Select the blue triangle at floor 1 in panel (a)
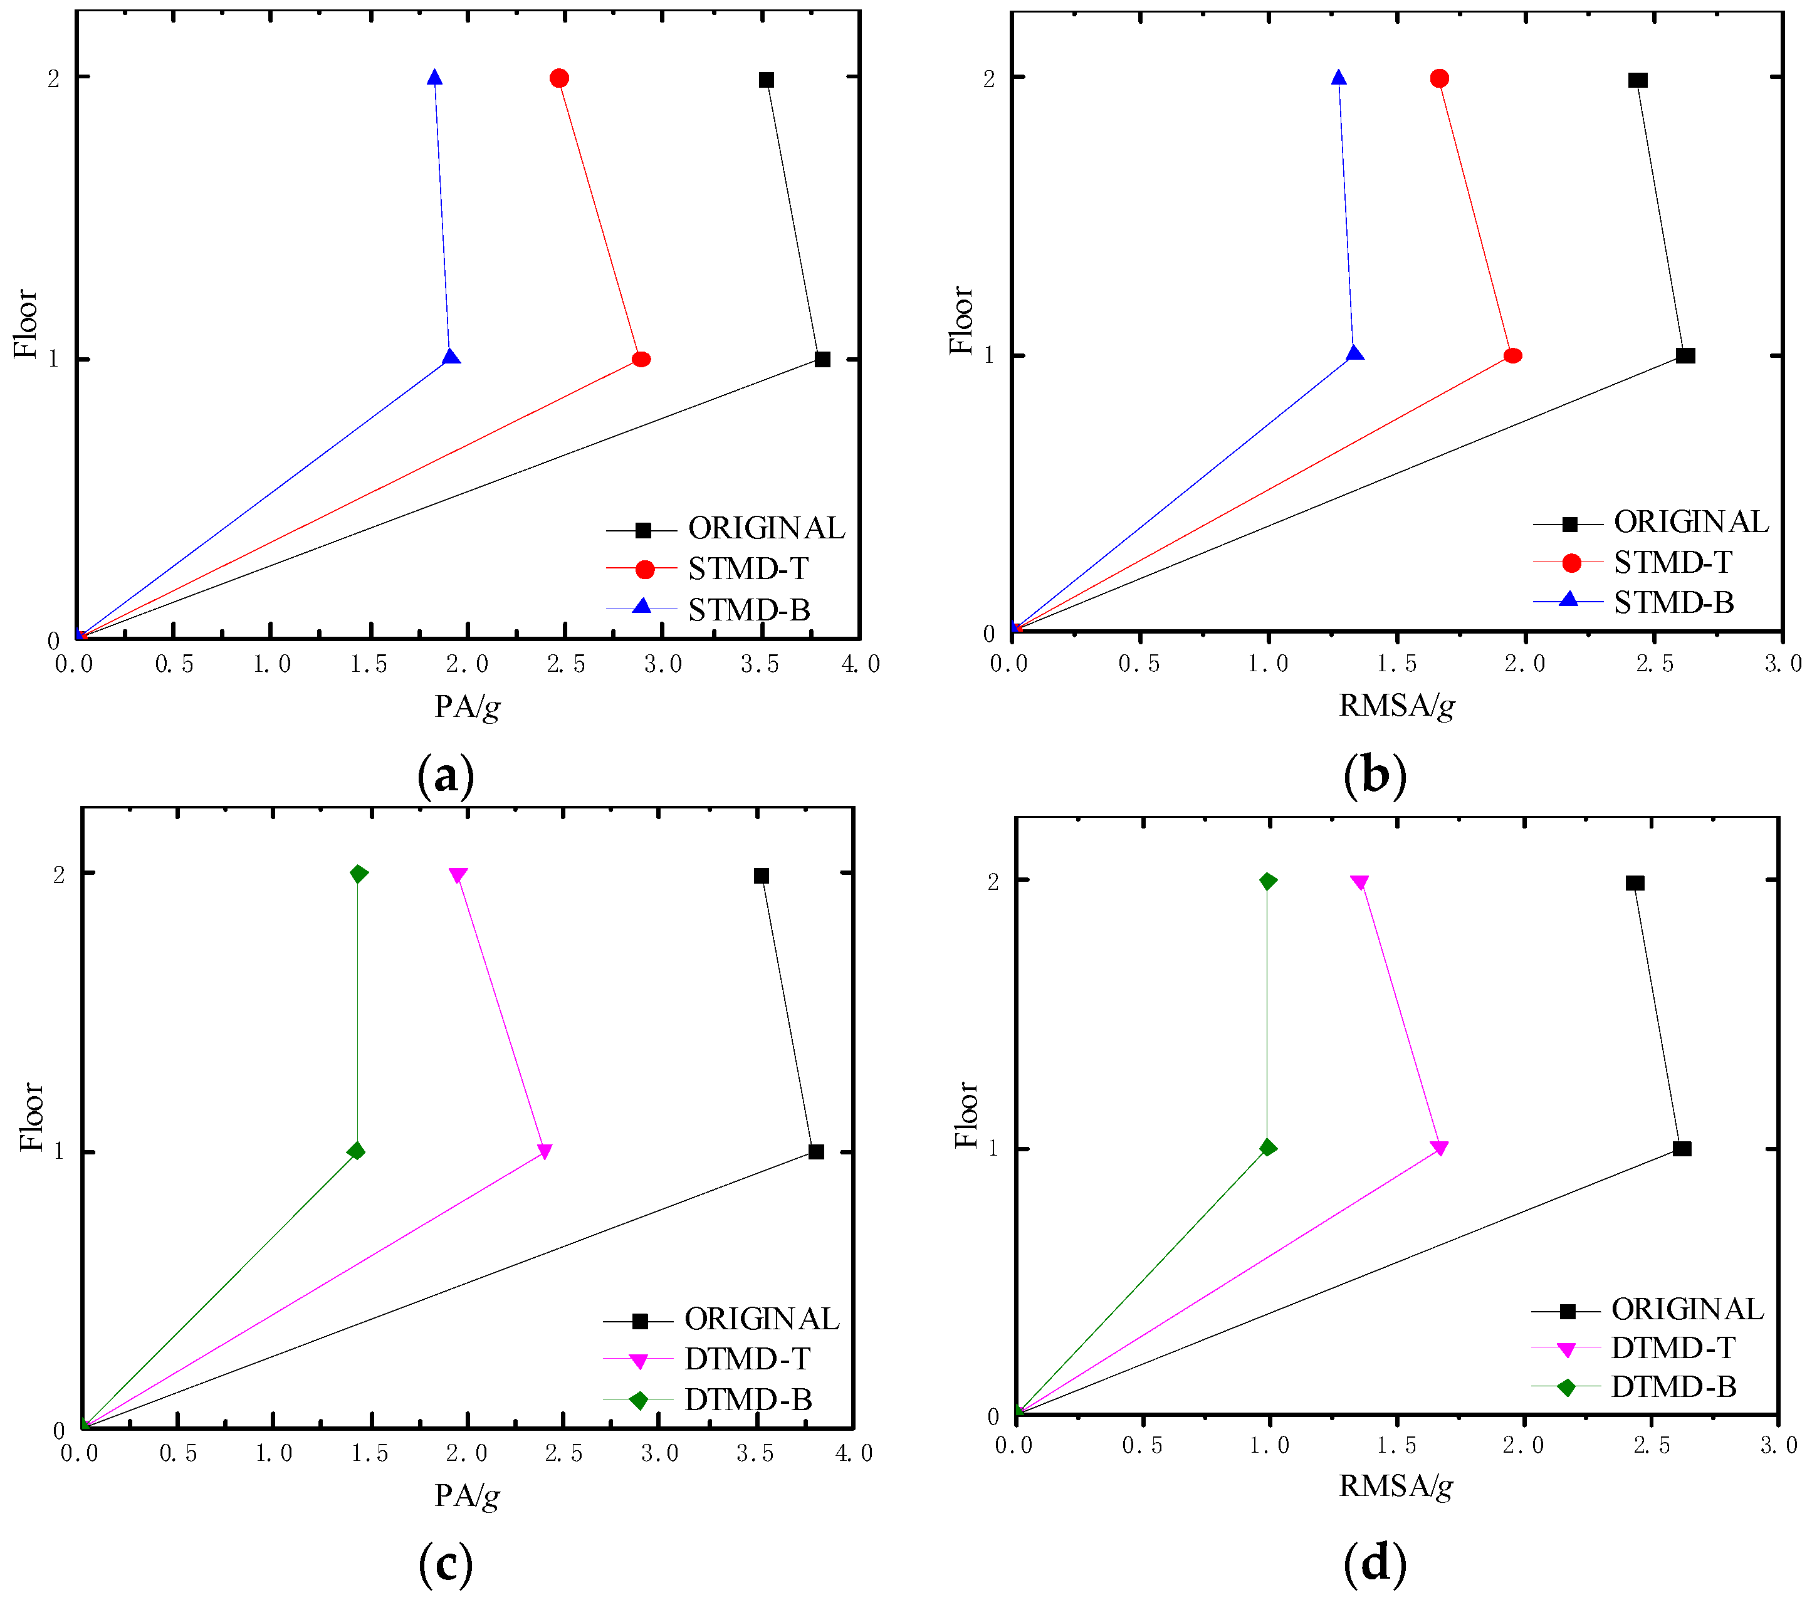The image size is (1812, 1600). coord(451,357)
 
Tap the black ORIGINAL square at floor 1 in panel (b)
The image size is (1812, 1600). coord(1685,355)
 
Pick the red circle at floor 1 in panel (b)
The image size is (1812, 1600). coord(1513,355)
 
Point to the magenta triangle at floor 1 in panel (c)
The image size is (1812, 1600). coord(544,1151)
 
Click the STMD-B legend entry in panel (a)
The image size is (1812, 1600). coord(748,610)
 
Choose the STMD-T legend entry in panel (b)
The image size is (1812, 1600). coord(1672,562)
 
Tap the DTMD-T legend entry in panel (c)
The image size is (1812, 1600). coord(746,1359)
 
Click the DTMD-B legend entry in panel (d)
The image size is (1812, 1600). coord(1673,1386)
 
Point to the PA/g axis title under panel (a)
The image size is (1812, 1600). coord(467,706)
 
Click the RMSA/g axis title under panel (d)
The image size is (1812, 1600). coord(1395,1486)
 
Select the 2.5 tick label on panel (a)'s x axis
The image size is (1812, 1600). coord(565,664)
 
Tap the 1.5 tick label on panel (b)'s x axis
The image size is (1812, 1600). coord(1397,663)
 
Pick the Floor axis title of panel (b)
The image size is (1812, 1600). coord(961,320)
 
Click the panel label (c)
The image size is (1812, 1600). coord(445,1564)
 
